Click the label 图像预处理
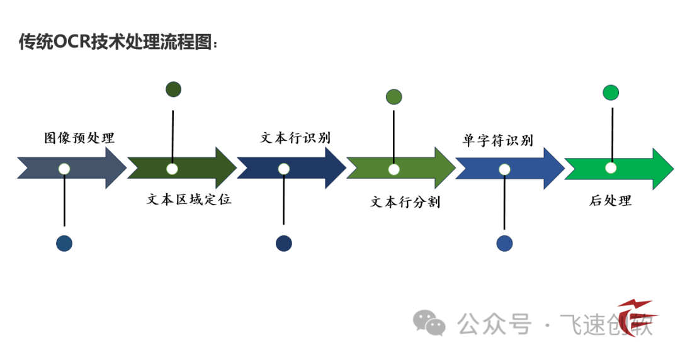tap(79, 138)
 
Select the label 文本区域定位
tap(189, 200)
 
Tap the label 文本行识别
tap(295, 138)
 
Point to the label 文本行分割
tap(405, 202)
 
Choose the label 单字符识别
tap(497, 140)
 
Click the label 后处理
tap(610, 201)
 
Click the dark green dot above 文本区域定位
tap(173, 89)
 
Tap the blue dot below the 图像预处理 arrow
tap(64, 244)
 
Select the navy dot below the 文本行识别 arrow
tap(284, 244)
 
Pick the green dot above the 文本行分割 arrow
tap(394, 97)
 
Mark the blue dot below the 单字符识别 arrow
tap(504, 244)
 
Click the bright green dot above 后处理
tap(611, 93)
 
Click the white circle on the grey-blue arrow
tap(64, 169)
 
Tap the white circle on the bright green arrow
tap(611, 168)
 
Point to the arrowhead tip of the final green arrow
tap(672, 169)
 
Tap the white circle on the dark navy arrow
tap(284, 169)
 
